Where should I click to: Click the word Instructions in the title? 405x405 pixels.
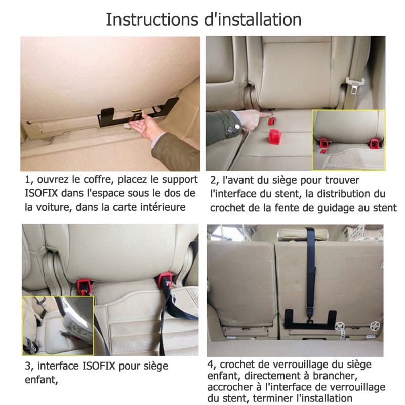coord(152,20)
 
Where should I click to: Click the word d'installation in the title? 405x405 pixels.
coord(253,20)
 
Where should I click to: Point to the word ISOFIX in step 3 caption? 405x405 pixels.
coord(99,366)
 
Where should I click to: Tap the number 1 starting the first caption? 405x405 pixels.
coord(28,180)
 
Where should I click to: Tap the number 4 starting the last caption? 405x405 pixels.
coord(211,365)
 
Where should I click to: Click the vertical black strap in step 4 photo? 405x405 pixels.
coord(311,269)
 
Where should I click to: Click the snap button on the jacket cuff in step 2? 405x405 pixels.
coord(236,126)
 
